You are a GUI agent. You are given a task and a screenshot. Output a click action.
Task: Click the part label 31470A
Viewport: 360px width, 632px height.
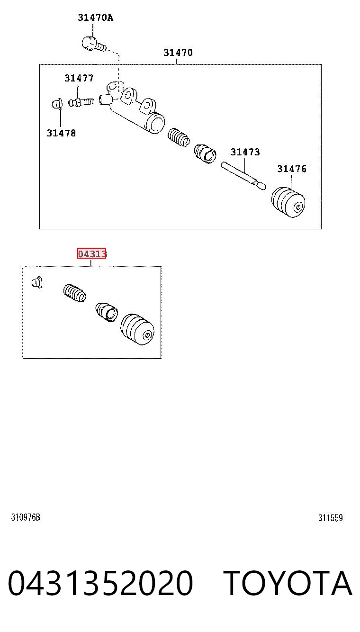pyautogui.click(x=95, y=18)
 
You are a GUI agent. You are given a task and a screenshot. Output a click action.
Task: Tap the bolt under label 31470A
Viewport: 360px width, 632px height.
pyautogui.click(x=94, y=44)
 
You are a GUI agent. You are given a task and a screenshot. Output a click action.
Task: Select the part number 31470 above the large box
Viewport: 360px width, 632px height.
pyautogui.click(x=178, y=53)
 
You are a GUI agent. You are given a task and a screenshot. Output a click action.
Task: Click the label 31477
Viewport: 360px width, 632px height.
pyautogui.click(x=79, y=78)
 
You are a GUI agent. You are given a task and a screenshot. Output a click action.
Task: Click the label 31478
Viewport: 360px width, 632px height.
pyautogui.click(x=61, y=133)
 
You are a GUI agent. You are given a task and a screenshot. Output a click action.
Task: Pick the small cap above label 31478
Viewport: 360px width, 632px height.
pyautogui.click(x=57, y=104)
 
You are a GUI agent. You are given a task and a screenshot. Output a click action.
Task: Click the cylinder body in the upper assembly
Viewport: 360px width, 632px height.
pyautogui.click(x=132, y=108)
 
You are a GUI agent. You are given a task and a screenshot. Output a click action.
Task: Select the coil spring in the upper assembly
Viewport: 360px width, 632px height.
pyautogui.click(x=179, y=137)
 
